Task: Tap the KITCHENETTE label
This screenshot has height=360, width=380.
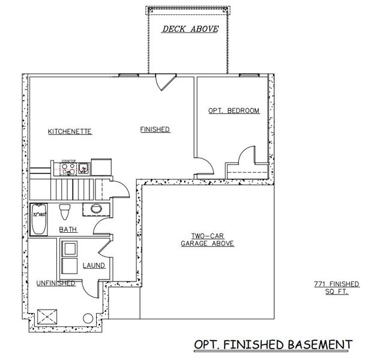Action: coord(70,131)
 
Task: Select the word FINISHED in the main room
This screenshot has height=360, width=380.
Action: coord(155,130)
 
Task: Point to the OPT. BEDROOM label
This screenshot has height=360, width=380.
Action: coord(234,111)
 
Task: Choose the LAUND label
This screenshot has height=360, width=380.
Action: coord(94,265)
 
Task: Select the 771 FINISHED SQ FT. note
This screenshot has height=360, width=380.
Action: coord(336,287)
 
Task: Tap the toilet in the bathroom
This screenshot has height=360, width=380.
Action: coord(65,212)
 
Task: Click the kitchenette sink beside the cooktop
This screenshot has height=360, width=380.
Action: coord(84,167)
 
